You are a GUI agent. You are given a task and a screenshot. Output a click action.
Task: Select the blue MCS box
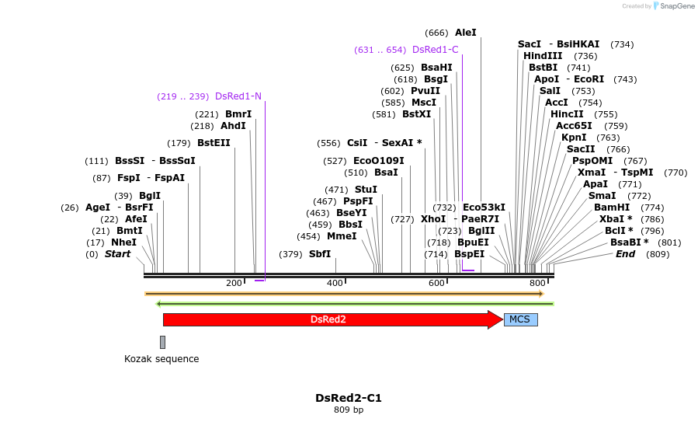click(520, 319)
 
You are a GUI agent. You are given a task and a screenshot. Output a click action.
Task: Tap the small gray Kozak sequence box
click(162, 342)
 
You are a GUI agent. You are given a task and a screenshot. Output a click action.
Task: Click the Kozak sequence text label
click(161, 359)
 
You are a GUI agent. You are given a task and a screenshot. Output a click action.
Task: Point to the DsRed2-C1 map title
click(349, 398)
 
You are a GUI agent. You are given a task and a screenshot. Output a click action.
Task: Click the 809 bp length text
click(349, 410)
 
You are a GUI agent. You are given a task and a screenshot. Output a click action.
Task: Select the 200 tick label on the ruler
click(234, 284)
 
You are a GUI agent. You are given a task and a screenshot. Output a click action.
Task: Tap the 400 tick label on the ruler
click(335, 284)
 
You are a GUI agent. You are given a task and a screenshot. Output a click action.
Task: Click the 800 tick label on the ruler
click(537, 284)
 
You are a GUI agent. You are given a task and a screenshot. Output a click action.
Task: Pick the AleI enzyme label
click(465, 33)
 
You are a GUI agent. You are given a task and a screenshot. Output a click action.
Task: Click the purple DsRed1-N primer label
click(238, 96)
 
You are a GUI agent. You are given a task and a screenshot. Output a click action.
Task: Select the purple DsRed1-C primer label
click(435, 50)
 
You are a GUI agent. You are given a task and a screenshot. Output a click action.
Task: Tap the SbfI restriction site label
click(320, 254)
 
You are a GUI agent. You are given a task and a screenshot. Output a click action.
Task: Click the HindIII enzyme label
click(543, 56)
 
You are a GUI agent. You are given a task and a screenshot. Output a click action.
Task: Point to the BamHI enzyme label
click(612, 208)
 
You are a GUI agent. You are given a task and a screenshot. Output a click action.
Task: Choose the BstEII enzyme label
click(214, 143)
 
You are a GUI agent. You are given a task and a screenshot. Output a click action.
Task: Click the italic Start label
click(117, 254)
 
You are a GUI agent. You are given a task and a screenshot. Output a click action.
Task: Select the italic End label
click(625, 254)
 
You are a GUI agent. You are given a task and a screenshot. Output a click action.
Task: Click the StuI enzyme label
click(366, 190)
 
